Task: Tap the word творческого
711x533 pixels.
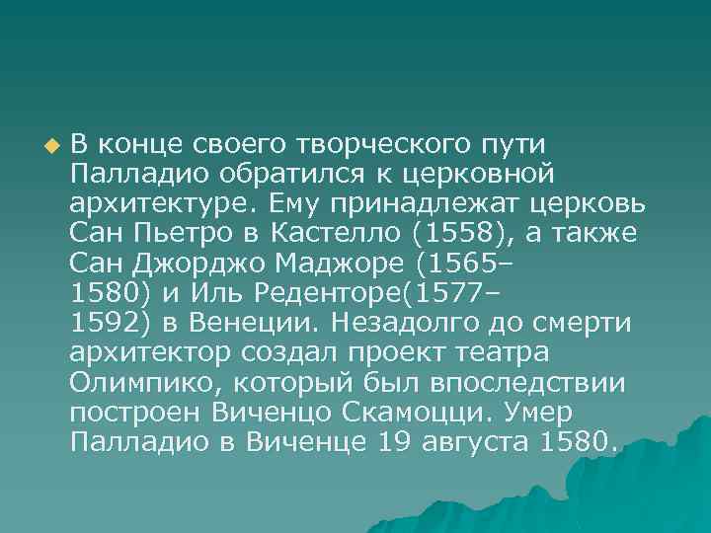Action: (x=380, y=146)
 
